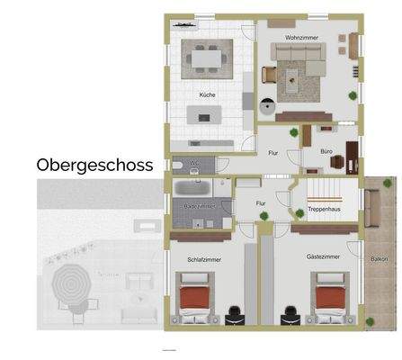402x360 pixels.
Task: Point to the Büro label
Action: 312,151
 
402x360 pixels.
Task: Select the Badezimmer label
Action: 198,206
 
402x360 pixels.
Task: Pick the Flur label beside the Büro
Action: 272,153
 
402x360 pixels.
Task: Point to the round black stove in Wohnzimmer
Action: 266,106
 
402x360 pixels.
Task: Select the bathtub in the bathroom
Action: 192,190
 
